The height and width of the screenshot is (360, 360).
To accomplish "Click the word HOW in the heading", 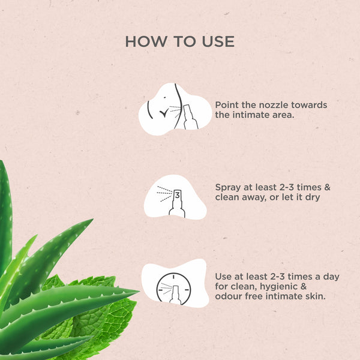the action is [146, 41].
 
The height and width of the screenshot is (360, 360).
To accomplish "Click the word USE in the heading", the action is [218, 41].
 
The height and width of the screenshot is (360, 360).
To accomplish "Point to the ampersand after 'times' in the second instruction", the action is [327, 187].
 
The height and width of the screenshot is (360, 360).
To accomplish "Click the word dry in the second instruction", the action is [313, 197].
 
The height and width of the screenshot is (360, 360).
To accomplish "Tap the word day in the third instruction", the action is [331, 277].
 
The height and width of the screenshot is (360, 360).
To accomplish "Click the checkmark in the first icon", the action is [164, 113].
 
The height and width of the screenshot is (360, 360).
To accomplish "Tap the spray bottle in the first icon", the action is [190, 117].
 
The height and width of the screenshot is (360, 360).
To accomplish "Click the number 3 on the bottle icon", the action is [178, 196].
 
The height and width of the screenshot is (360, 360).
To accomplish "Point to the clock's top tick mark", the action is [173, 277].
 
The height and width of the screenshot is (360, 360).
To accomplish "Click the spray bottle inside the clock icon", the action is [176, 295].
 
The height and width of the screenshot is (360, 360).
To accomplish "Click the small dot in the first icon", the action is [164, 97].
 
